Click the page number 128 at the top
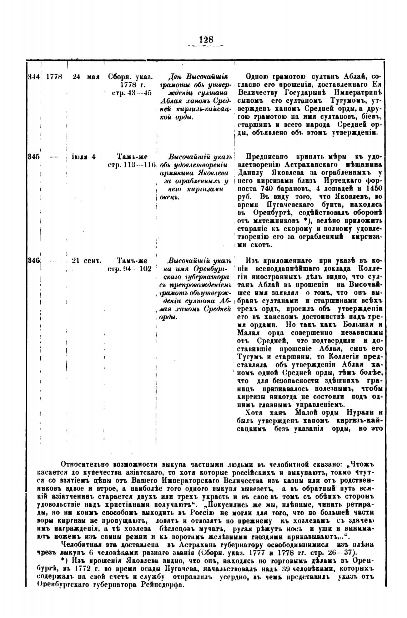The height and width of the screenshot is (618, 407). [x=206, y=40]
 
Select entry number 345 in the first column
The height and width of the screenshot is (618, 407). [x=33, y=157]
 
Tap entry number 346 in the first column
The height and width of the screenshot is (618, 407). [x=34, y=260]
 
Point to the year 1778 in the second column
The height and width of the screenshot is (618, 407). [x=54, y=76]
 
